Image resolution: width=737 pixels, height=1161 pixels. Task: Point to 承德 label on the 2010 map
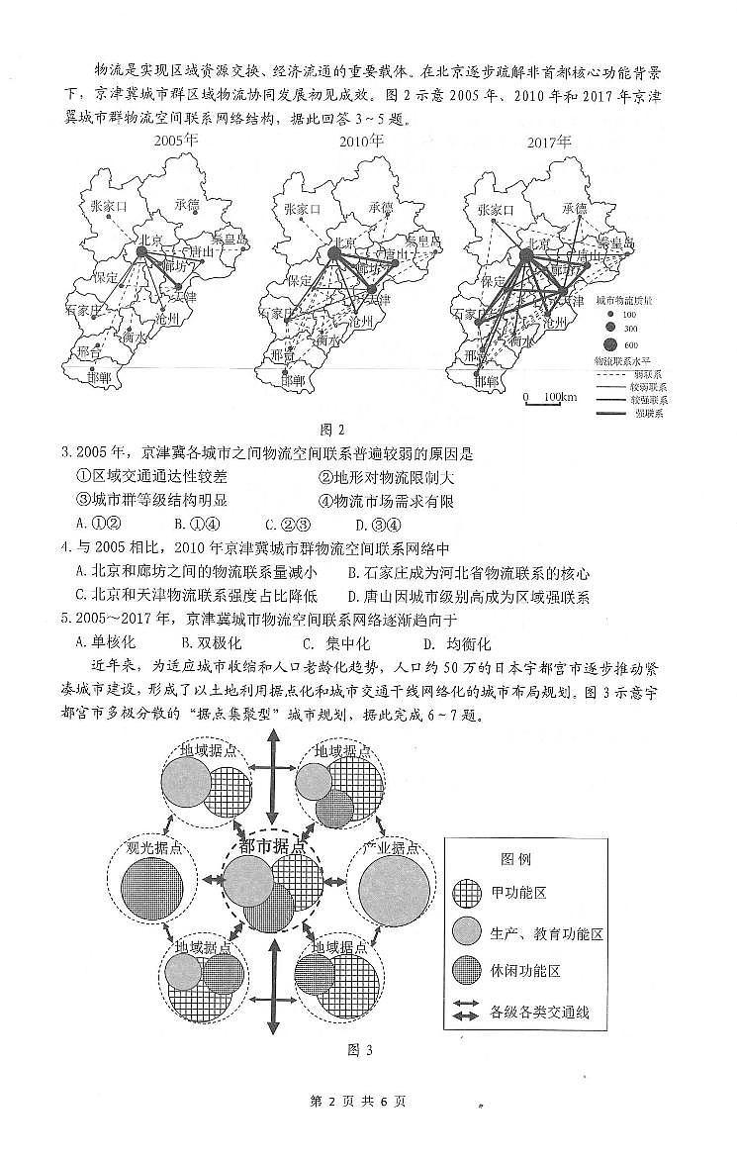click(381, 208)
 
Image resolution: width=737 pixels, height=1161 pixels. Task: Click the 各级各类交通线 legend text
click(539, 1012)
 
